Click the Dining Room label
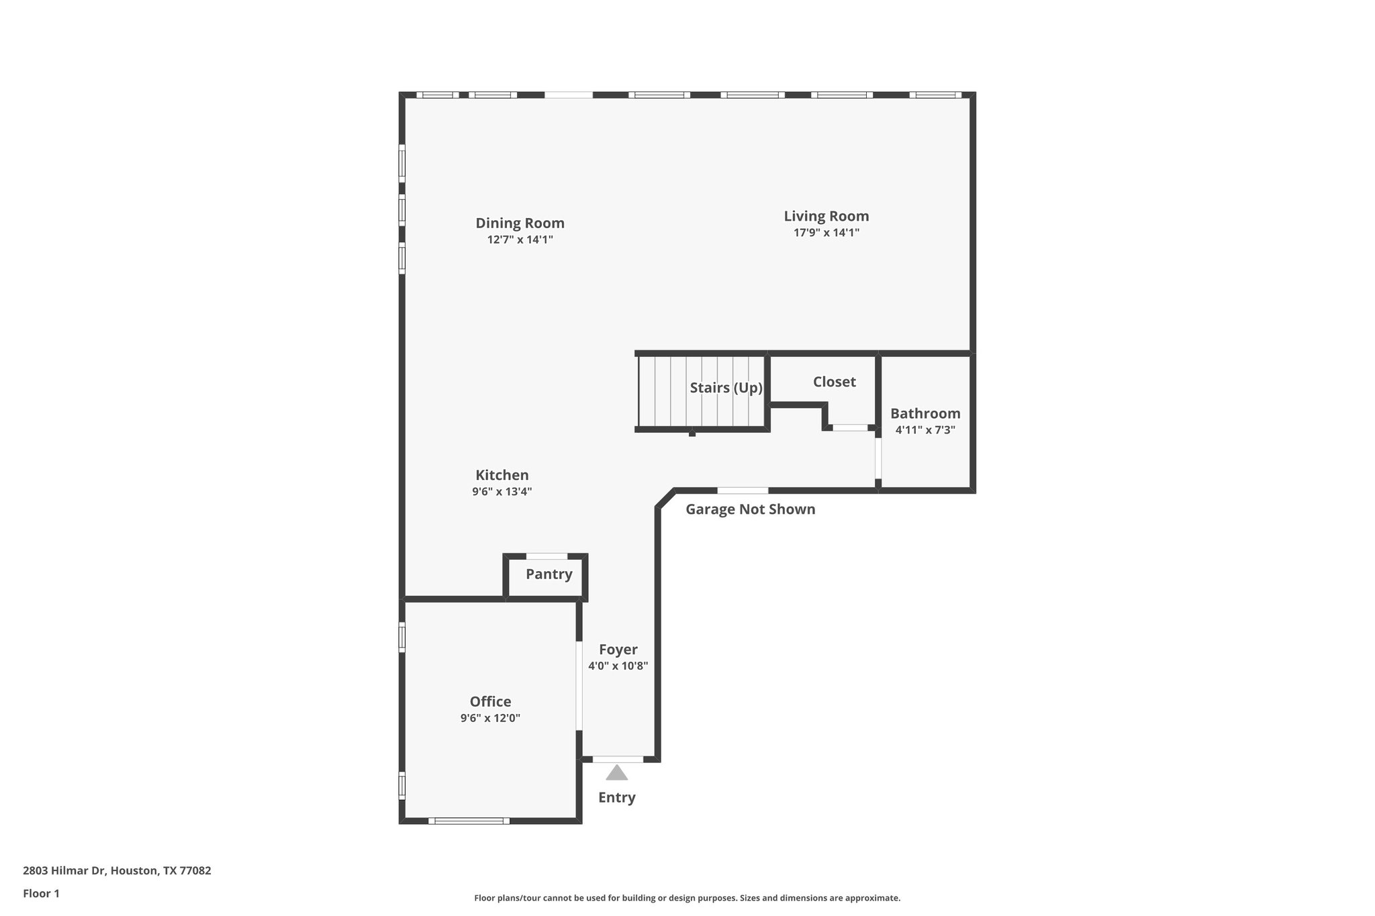(x=520, y=223)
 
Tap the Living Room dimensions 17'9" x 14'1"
(x=826, y=233)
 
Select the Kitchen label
(x=502, y=475)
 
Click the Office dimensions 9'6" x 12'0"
(x=490, y=718)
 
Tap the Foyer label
(x=618, y=650)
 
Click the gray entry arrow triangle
(x=616, y=773)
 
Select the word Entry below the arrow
(x=616, y=797)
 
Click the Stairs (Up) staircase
(x=701, y=392)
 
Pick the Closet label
(x=834, y=382)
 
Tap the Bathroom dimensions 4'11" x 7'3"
(x=925, y=430)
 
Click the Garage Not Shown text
(x=750, y=509)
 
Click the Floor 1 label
(x=42, y=893)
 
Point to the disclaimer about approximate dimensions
(x=687, y=898)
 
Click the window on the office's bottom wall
(x=469, y=821)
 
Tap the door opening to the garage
(x=743, y=491)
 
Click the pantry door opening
(x=547, y=556)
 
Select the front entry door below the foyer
(x=618, y=760)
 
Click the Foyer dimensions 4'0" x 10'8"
(x=618, y=666)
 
